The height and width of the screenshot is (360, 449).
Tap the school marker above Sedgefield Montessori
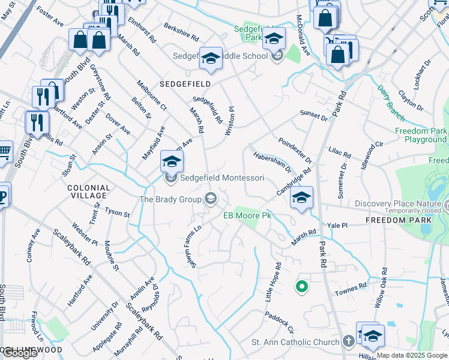[x=172, y=163]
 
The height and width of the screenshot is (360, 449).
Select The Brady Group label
[x=170, y=199]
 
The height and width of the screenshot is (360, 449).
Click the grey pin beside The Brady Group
[x=211, y=198]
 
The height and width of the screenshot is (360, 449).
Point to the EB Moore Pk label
[x=247, y=215]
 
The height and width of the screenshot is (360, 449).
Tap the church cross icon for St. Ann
[x=349, y=341]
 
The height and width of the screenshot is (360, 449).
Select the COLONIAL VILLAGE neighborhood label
[x=88, y=192]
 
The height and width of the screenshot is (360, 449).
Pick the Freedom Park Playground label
[x=421, y=135]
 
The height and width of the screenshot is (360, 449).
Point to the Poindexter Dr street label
[x=295, y=151]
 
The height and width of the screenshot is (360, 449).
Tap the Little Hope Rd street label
[x=274, y=282]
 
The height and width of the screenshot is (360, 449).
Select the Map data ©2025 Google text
[x=412, y=355]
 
